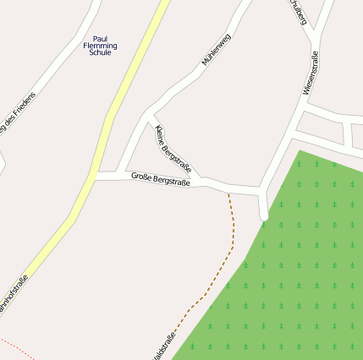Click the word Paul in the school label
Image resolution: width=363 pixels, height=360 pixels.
click(101, 38)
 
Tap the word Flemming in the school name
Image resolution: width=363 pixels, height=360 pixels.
click(101, 46)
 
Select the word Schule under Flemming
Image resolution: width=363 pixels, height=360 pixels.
click(101, 52)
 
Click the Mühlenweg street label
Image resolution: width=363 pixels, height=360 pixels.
click(216, 50)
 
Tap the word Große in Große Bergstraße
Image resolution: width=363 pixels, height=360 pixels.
click(141, 176)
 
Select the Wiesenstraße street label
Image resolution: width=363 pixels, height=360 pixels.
click(311, 73)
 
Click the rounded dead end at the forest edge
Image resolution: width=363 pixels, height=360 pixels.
click(264, 216)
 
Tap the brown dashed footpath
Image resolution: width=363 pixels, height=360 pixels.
click(232, 228)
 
